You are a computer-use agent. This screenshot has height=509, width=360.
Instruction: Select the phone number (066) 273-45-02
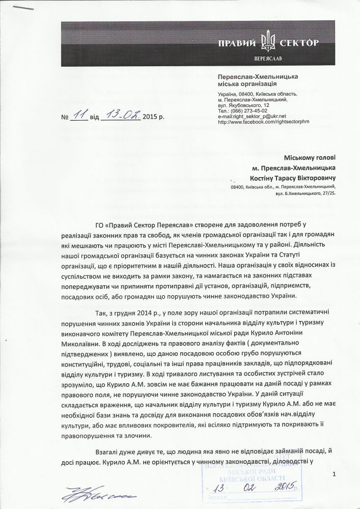pos(244,110)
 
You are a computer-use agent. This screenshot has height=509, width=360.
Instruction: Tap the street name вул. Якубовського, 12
pos(243,105)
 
